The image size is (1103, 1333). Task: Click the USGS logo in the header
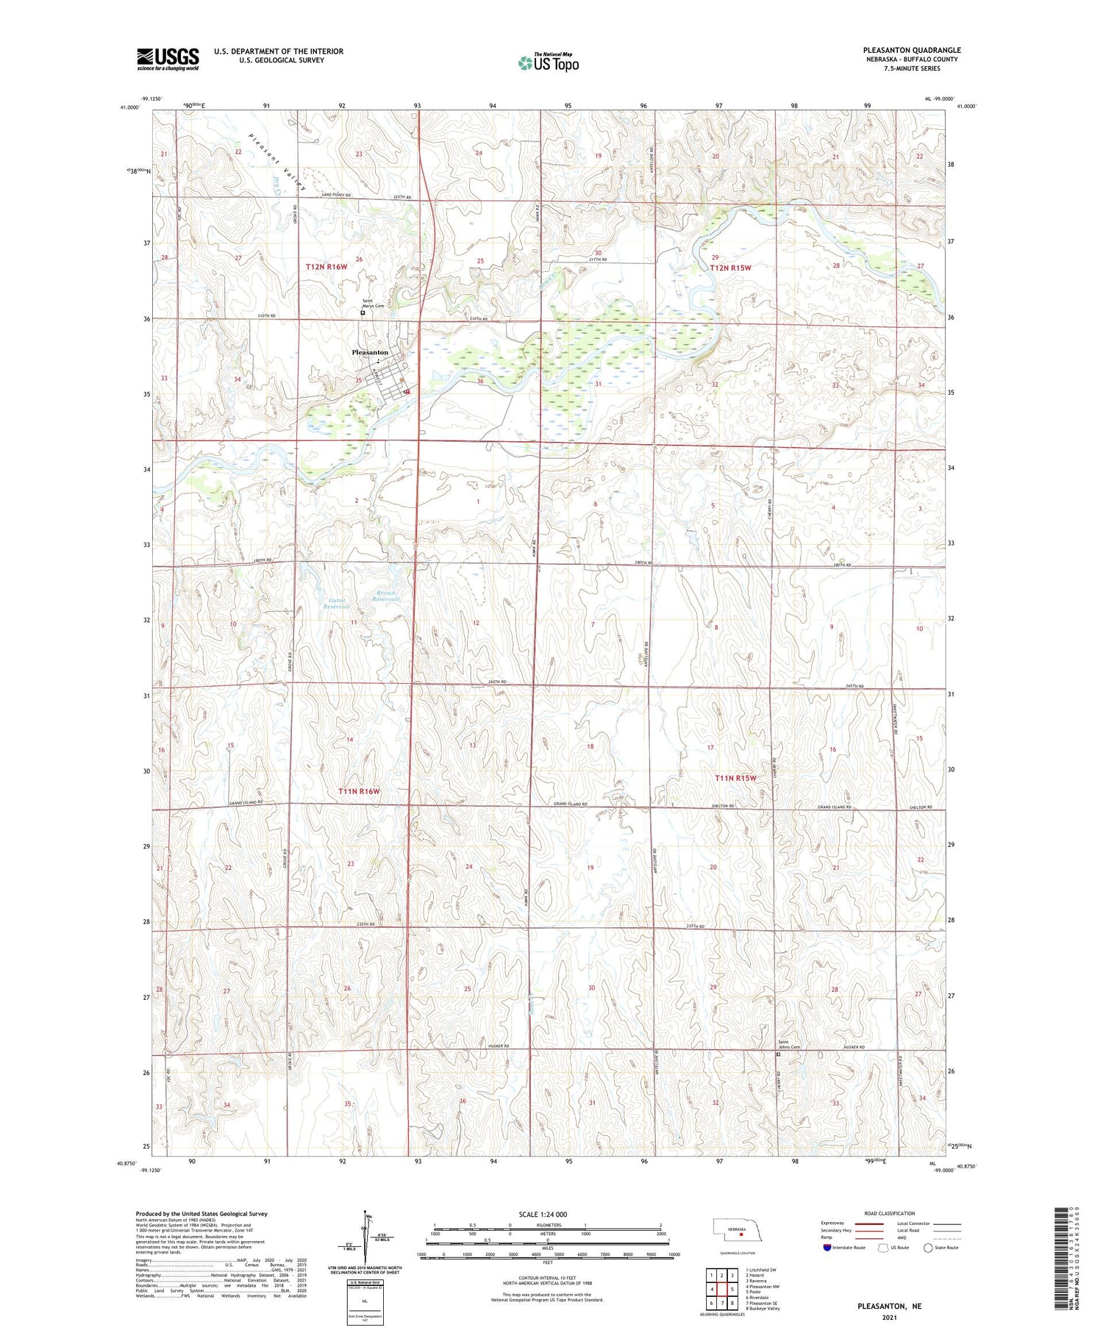click(168, 59)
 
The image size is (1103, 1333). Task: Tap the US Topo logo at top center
click(548, 63)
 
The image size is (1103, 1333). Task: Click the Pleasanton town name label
click(370, 353)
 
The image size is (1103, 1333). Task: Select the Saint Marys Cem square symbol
click(363, 312)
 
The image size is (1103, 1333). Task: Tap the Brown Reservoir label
click(386, 596)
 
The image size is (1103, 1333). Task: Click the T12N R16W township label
click(326, 267)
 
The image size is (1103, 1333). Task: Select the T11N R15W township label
click(735, 777)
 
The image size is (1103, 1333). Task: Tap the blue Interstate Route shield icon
click(827, 1248)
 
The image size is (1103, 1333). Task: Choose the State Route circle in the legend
click(928, 1248)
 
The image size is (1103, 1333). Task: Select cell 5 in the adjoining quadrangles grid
click(732, 1290)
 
